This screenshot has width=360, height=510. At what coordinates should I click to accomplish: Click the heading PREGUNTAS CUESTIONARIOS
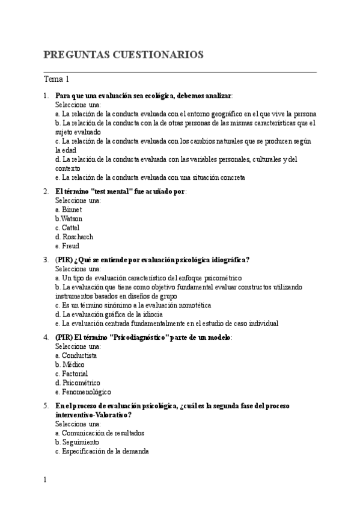(x=123, y=55)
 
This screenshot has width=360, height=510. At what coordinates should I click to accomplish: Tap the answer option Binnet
(x=68, y=209)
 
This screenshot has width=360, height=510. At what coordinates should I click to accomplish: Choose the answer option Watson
(x=69, y=218)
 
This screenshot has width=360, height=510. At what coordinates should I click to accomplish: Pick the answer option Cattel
(x=67, y=227)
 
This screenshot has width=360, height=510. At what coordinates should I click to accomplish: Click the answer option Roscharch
(x=73, y=237)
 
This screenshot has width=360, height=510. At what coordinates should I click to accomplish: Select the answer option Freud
(x=67, y=246)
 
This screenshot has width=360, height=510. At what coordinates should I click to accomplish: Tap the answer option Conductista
(x=76, y=355)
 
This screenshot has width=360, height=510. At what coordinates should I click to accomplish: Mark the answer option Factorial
(x=71, y=373)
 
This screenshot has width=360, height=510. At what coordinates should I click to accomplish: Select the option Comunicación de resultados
(x=99, y=433)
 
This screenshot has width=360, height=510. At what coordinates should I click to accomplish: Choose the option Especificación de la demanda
(x=102, y=451)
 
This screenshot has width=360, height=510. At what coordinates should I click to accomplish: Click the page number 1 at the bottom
(x=45, y=480)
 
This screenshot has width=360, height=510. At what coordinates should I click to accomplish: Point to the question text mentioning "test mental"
(x=120, y=191)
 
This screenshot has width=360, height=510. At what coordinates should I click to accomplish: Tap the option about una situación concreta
(x=150, y=177)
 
